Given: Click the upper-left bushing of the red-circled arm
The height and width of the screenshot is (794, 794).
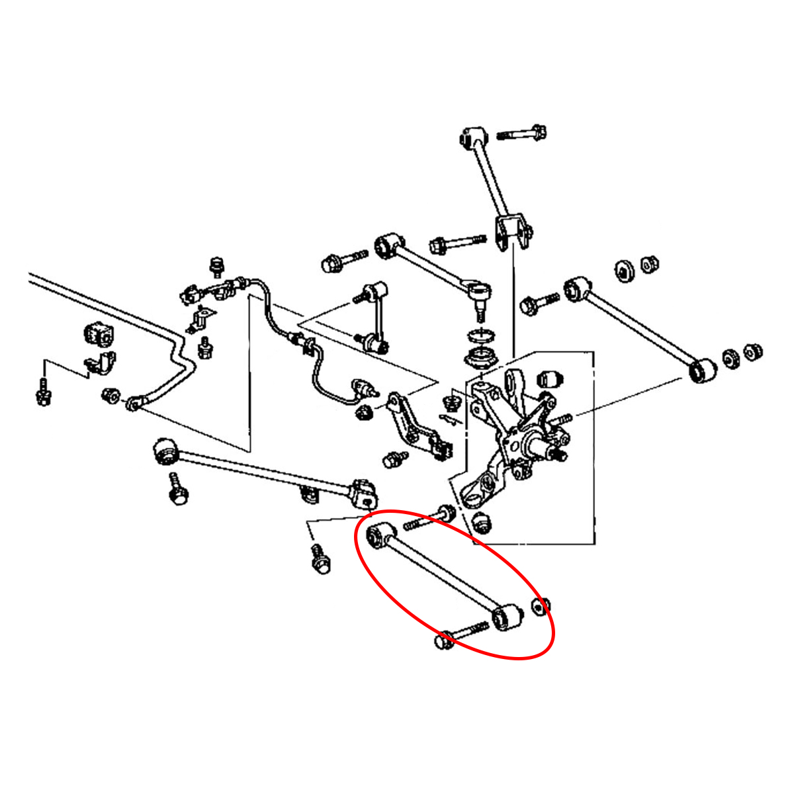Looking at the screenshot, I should click(380, 533).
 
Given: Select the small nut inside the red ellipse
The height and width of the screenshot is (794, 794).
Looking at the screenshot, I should click(541, 606).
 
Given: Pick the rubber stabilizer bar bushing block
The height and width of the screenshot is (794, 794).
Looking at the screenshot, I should click(97, 333).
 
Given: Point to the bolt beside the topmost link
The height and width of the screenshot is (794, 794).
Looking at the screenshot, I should click(523, 134).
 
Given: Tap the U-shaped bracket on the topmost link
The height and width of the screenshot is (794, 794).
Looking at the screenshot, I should click(512, 233).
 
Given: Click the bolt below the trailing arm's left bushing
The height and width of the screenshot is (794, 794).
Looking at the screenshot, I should click(177, 490).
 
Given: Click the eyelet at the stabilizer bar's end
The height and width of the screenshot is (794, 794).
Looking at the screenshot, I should click(134, 403).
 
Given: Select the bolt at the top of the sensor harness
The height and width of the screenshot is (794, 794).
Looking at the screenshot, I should click(214, 266).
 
